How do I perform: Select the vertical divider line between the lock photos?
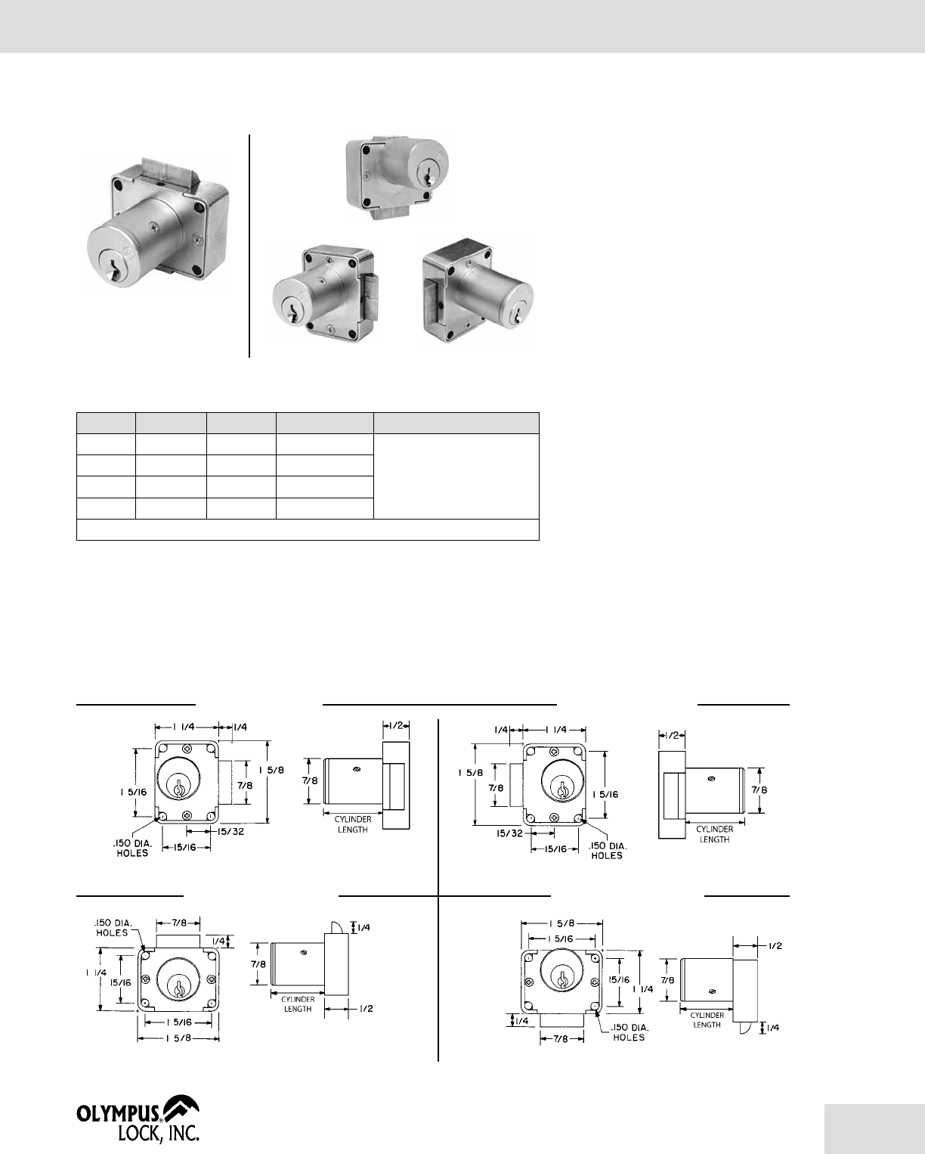click(x=249, y=246)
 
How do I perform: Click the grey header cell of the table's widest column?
click(x=456, y=423)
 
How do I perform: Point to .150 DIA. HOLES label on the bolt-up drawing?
click(x=113, y=928)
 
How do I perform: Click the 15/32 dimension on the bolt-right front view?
click(x=231, y=832)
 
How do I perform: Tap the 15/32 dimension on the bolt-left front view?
click(x=509, y=834)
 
